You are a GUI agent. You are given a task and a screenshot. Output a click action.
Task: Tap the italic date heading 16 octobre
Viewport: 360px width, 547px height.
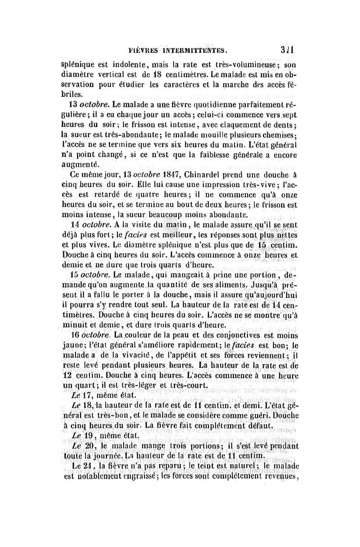(x=90, y=335)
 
